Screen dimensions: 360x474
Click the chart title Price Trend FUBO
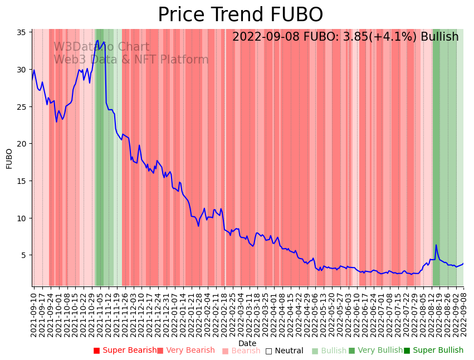[240, 15]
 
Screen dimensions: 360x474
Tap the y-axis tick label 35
[25, 32]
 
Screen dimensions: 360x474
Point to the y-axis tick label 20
[25, 144]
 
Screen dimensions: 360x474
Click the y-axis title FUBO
[9, 158]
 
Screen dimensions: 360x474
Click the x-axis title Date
[247, 343]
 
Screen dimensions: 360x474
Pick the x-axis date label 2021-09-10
[34, 314]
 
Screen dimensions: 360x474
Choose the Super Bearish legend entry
[125, 351]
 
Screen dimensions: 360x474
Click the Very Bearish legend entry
[185, 351]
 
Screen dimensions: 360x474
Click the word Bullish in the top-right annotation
[439, 37]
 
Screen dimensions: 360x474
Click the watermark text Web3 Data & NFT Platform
[131, 60]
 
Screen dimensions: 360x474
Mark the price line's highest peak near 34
[98, 40]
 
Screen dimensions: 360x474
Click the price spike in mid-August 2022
[436, 245]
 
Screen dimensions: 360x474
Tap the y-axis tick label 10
[25, 218]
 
